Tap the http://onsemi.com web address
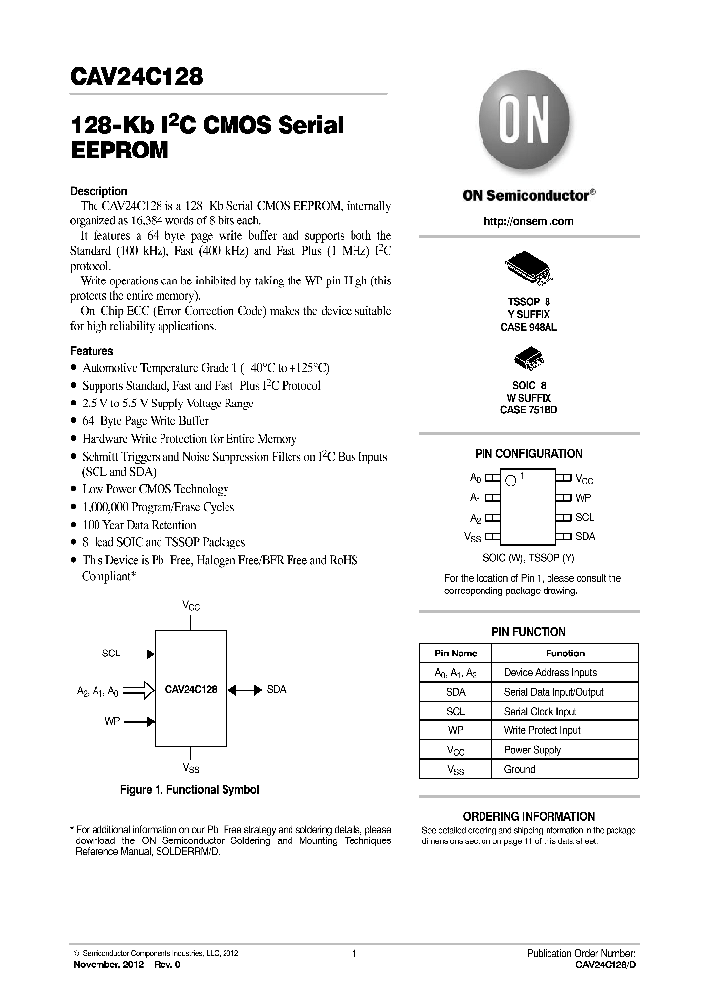pyautogui.click(x=528, y=221)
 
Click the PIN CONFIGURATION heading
pyautogui.click(x=528, y=454)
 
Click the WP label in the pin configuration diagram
pyautogui.click(x=584, y=498)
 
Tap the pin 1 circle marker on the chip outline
pyautogui.click(x=511, y=480)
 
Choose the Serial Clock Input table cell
pyautogui.click(x=540, y=711)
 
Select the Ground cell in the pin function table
pyautogui.click(x=519, y=769)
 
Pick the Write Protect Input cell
pyautogui.click(x=542, y=730)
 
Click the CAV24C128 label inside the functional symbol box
pyautogui.click(x=191, y=690)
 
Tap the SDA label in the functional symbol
pyautogui.click(x=276, y=690)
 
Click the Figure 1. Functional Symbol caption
pyautogui.click(x=189, y=790)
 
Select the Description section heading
pyautogui.click(x=98, y=191)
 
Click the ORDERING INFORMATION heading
pyautogui.click(x=528, y=816)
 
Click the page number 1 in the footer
pyautogui.click(x=354, y=954)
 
